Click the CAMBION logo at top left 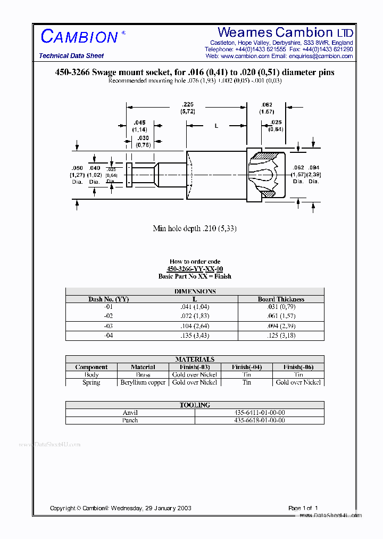coord(79,37)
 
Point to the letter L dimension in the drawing coord(216,126)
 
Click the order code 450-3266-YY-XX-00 coord(194,269)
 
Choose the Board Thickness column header coord(281,299)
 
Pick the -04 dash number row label coord(109,336)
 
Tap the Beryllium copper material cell coord(143,382)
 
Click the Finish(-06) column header coord(298,367)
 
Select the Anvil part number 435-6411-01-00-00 coord(260,412)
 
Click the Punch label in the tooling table coord(130,420)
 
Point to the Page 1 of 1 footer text coord(303,508)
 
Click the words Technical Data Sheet coord(71,56)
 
